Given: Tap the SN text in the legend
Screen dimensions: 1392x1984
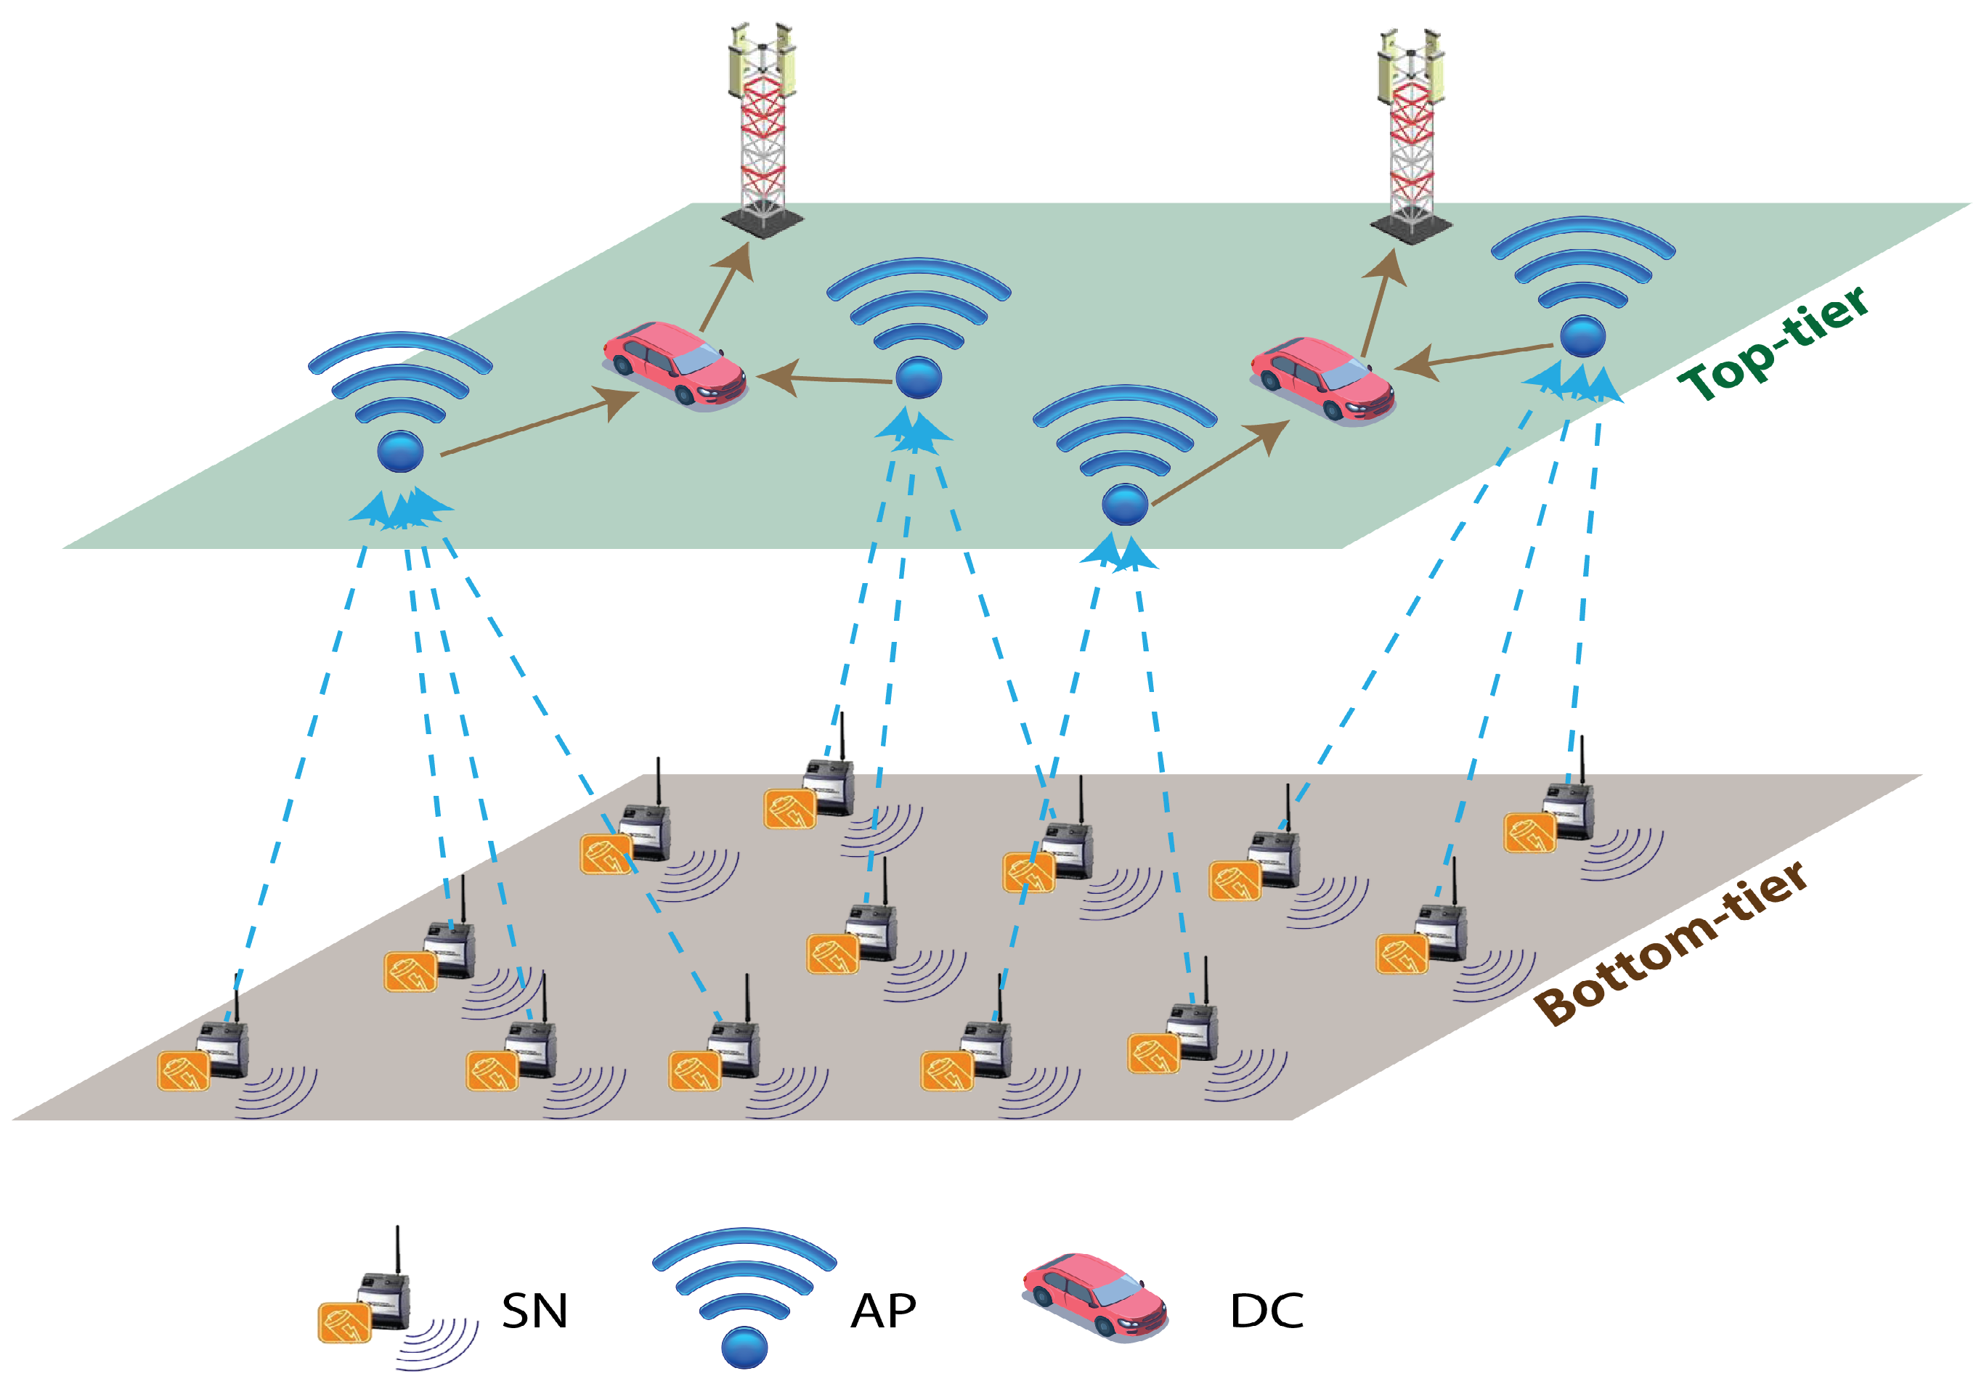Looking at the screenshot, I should click(534, 1311).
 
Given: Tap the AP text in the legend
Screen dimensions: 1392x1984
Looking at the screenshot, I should click(882, 1311).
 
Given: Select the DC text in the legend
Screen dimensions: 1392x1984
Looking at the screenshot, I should click(1266, 1311).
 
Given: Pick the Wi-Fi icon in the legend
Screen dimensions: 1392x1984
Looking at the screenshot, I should click(744, 1296).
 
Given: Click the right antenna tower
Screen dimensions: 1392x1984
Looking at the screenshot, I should click(1410, 129).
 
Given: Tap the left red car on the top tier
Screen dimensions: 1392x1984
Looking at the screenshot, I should click(674, 363).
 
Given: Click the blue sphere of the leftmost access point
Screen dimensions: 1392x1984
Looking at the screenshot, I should click(400, 451).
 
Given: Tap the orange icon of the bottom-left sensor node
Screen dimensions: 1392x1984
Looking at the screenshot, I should click(183, 1072).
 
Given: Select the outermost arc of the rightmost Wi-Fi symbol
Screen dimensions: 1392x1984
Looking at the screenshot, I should click(1583, 227).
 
